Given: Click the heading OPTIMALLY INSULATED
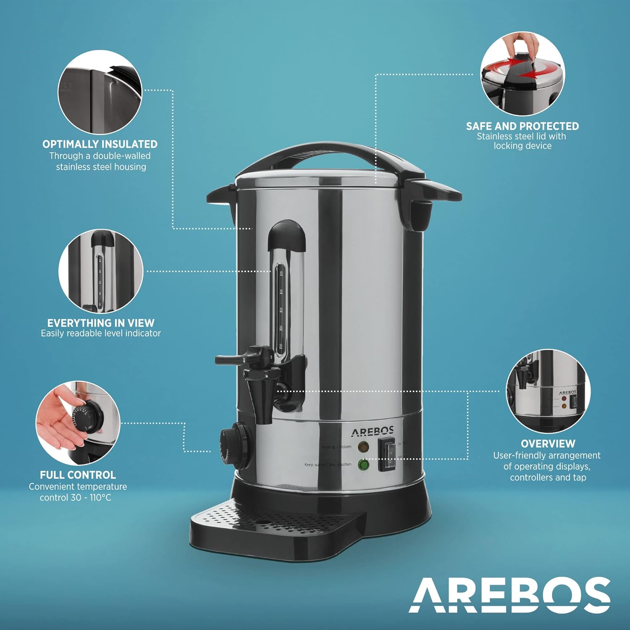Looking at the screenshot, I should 100,144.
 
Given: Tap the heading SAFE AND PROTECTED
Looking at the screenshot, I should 522,126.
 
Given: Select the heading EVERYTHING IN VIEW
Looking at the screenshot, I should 101,323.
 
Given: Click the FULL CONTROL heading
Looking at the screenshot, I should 78,475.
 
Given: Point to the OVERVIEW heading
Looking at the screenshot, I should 548,444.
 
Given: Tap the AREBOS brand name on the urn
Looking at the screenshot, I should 372,431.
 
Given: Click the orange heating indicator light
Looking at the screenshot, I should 363,446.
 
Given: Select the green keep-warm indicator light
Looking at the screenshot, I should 363,465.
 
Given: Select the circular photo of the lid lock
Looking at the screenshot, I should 522,74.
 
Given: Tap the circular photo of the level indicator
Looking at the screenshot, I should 101,271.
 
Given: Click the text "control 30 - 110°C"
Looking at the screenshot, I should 76,498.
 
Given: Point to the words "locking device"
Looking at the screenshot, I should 522,146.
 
